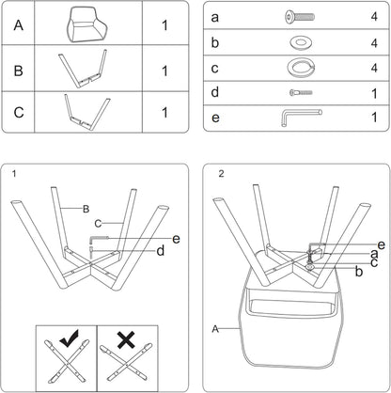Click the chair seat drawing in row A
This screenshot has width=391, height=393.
(x=86, y=24)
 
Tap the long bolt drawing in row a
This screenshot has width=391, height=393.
(x=300, y=17)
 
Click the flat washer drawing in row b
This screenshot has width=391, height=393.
(x=301, y=42)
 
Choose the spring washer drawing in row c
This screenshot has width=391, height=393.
(x=301, y=68)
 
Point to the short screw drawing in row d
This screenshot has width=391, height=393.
(x=301, y=92)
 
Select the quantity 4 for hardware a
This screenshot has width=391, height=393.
(x=374, y=16)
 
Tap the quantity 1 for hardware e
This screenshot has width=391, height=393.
(x=374, y=118)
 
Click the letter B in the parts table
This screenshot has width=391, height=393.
(x=19, y=71)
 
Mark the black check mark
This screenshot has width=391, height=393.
(x=70, y=338)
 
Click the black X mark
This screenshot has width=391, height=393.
(x=126, y=339)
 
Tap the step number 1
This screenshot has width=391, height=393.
(x=14, y=173)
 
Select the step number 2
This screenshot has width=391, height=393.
(x=221, y=174)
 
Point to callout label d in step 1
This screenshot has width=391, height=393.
(x=161, y=251)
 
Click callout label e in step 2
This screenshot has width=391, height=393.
(x=382, y=244)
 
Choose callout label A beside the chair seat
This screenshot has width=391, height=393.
(x=215, y=329)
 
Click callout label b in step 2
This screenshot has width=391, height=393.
(x=359, y=272)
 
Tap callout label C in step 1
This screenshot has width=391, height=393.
(x=98, y=224)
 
